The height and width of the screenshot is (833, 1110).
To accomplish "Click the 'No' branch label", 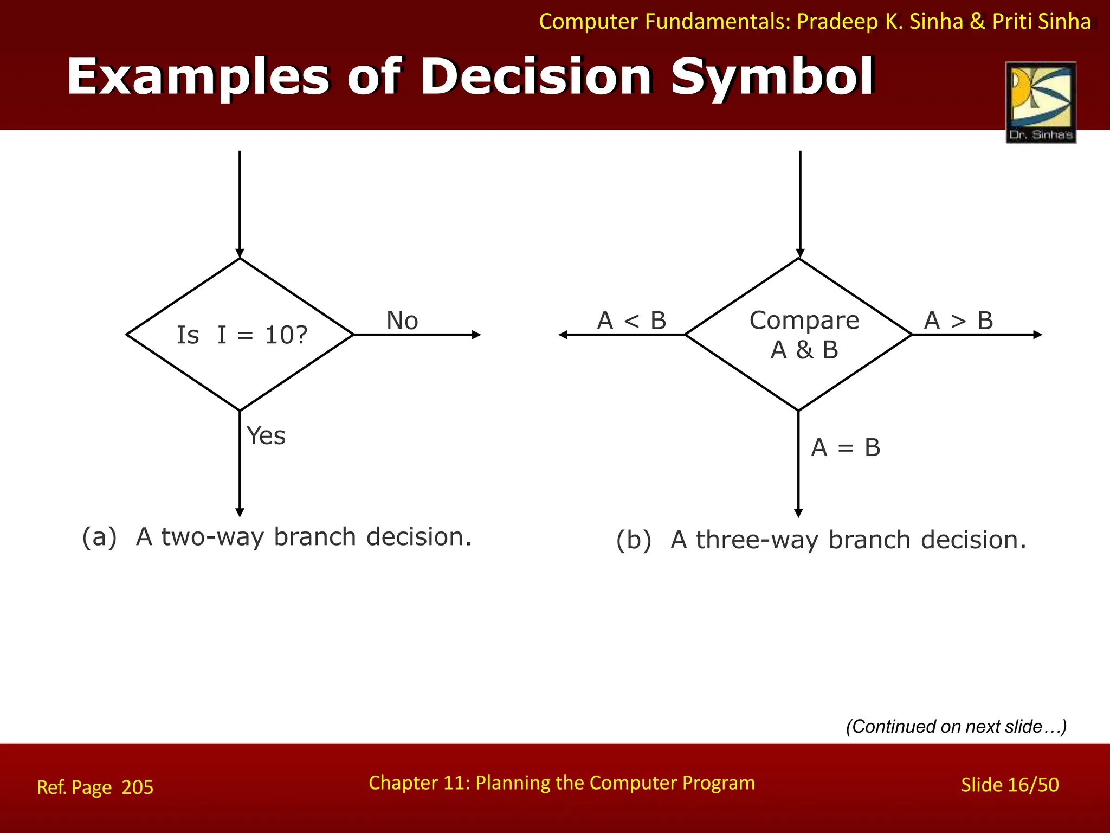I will [402, 321].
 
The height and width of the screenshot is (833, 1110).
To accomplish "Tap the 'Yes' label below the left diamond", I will [266, 435].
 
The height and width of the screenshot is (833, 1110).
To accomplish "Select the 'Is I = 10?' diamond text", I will [242, 335].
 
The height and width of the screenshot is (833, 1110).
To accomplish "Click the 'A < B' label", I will [631, 321].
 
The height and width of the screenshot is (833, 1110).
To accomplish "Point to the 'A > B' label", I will [958, 321].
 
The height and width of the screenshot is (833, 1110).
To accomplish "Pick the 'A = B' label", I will [846, 448].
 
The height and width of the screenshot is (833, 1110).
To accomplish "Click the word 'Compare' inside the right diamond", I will [804, 321].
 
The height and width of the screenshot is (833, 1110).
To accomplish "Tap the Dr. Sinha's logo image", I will [1041, 102].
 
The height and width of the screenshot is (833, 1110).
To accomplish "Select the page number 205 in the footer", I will [138, 787].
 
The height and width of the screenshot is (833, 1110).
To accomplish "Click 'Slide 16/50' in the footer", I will [1010, 785].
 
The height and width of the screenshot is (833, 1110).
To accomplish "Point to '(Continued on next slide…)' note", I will [956, 727].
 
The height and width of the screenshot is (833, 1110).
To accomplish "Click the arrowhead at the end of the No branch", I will [476, 335].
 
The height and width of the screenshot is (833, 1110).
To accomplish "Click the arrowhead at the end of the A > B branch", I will [1037, 335].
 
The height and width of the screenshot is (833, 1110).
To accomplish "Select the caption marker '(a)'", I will [99, 537].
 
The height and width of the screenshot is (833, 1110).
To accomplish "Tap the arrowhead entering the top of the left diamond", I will [240, 254].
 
